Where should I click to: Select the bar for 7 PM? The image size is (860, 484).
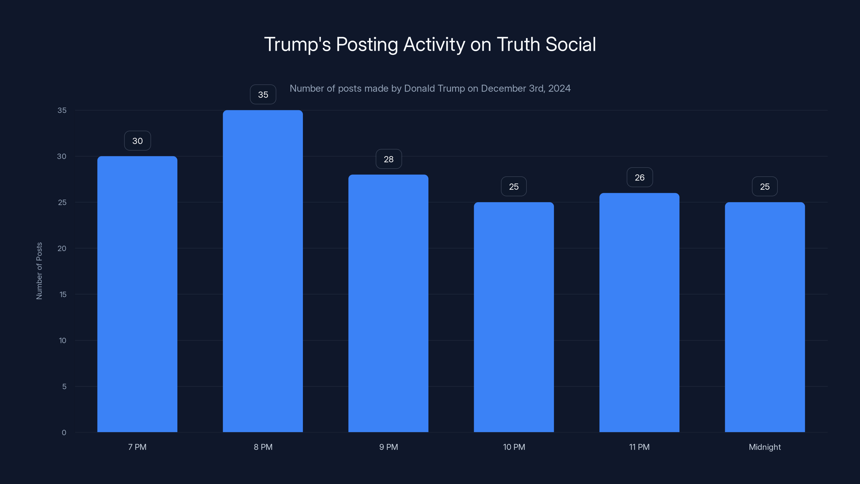pos(137,294)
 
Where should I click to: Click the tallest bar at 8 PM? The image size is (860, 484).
pos(263,271)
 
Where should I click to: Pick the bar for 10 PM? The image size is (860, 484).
pos(514,317)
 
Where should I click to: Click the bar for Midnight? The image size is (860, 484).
pos(765,317)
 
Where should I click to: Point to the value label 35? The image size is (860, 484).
pos(263,95)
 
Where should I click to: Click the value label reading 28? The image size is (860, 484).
pos(389,159)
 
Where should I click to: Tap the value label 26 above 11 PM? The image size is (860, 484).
pos(640,177)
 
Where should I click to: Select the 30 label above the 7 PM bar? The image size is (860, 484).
pos(138,141)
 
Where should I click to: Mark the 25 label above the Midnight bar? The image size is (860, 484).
pos(765,186)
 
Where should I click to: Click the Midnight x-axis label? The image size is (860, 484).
pos(765,447)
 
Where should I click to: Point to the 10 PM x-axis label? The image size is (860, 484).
pos(514,447)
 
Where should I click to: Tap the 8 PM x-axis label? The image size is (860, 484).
pos(263,447)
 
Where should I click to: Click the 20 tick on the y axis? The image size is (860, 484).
pos(62,248)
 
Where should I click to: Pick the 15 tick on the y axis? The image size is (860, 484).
pos(63,294)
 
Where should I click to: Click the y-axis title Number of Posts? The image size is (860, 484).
pos(39,271)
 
